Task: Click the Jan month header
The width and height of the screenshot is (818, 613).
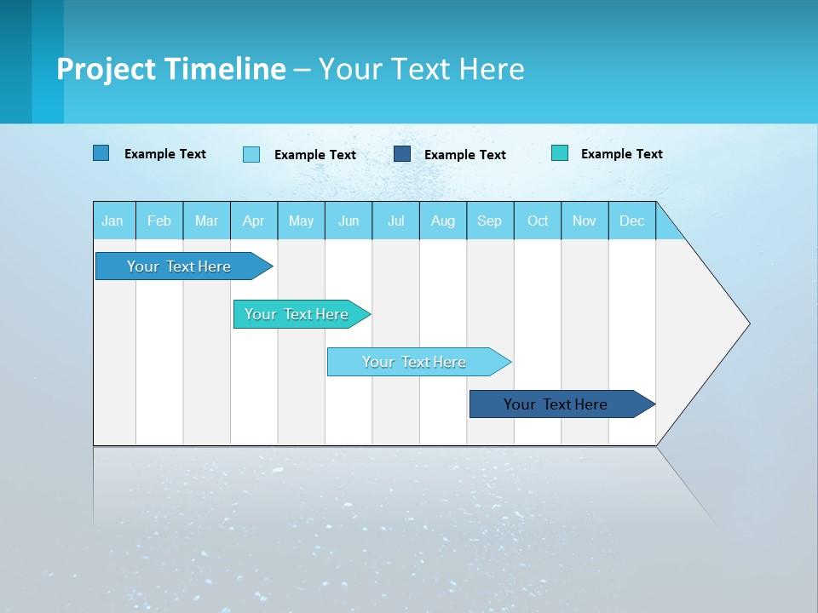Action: tap(113, 221)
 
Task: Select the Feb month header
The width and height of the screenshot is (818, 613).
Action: tap(159, 221)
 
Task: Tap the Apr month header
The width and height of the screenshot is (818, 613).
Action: tap(254, 221)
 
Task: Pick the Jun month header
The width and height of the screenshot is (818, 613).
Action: tap(349, 221)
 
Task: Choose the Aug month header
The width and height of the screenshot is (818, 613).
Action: tap(443, 221)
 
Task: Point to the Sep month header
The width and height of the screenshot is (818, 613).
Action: tap(490, 221)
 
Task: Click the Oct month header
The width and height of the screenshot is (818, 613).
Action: tap(538, 221)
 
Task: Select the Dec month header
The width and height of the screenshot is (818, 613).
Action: tap(632, 221)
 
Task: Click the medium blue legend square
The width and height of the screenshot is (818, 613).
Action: tap(101, 153)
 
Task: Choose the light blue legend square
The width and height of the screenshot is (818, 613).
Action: tap(251, 154)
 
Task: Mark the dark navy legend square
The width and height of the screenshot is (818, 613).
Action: tap(402, 154)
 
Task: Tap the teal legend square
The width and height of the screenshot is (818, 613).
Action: tap(560, 153)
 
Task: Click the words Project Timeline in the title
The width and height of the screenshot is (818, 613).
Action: tap(171, 69)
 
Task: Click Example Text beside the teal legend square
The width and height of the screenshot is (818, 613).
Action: tap(622, 154)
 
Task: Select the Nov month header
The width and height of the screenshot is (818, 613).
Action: tap(585, 221)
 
